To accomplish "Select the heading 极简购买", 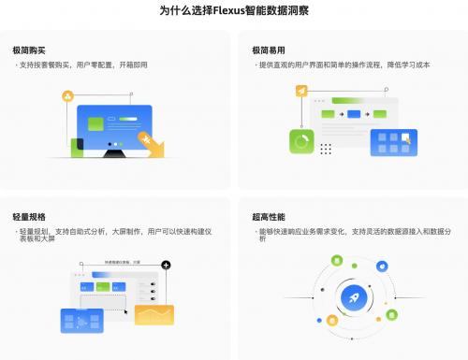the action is point(30,49).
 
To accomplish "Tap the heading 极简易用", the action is point(269,49).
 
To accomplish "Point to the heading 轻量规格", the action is point(30,215).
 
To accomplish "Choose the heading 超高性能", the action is point(269,215).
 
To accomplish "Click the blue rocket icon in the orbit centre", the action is point(357,298).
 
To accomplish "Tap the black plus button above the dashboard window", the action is point(166,266).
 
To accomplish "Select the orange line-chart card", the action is point(154,315).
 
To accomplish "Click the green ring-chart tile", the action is point(302,142).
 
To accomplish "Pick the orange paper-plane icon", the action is point(302,91).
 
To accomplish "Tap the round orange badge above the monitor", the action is point(67,96).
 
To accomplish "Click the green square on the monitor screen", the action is point(91,122).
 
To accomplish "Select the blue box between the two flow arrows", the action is point(354,114).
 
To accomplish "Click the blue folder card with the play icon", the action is point(81,321).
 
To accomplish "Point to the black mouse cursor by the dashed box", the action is point(127,308).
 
